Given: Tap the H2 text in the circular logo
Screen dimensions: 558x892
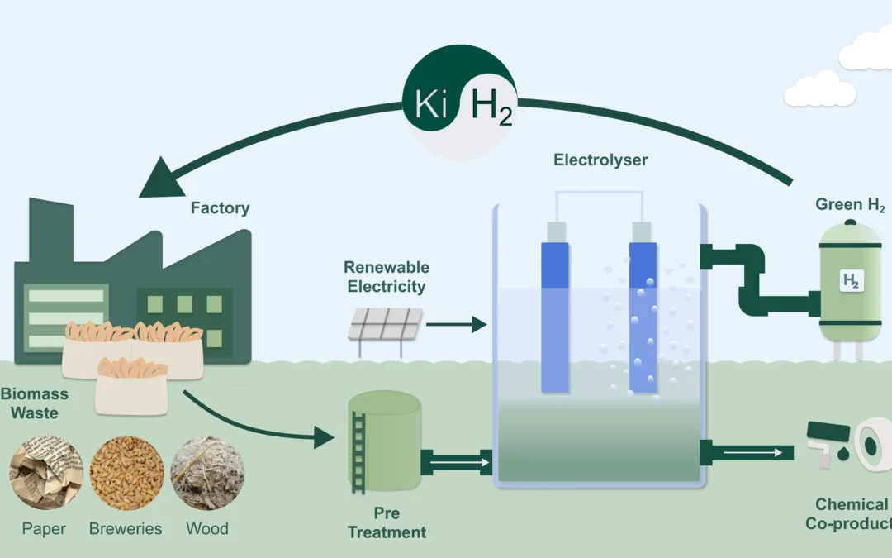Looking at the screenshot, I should coord(491,108).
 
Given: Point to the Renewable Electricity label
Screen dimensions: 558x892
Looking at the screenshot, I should coord(387,278).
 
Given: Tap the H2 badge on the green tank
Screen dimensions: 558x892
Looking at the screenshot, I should coord(850,281).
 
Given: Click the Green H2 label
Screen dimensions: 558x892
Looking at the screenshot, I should coord(850,205).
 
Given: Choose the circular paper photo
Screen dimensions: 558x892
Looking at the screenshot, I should coord(46,474).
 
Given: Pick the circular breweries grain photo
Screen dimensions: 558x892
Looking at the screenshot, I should coord(126,474).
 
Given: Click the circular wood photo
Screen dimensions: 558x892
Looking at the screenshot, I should coord(207,474).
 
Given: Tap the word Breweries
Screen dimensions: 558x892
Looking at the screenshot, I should coord(126,529).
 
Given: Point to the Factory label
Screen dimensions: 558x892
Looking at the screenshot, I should coord(220,208).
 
